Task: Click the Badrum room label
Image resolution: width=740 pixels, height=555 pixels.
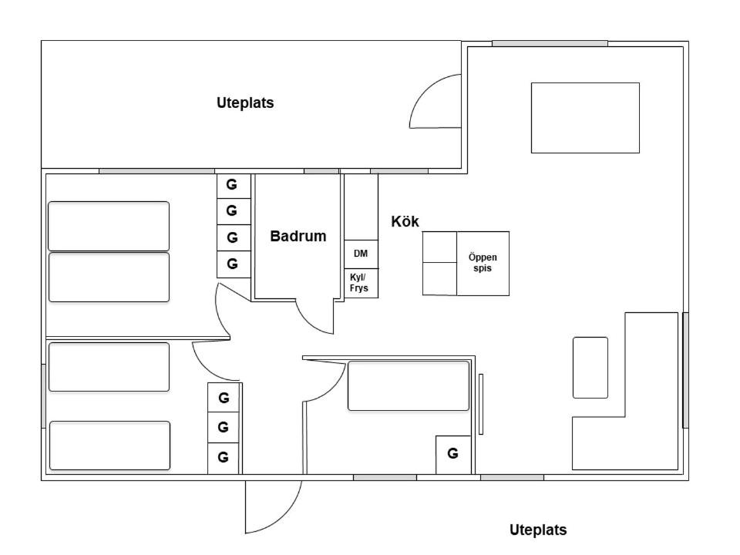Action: (x=298, y=236)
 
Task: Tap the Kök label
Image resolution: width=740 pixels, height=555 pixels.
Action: (x=405, y=221)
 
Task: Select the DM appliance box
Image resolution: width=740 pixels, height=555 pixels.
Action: (x=361, y=254)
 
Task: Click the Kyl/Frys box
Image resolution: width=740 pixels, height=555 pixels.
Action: (x=361, y=283)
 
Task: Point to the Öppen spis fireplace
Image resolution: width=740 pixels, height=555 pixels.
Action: (x=483, y=264)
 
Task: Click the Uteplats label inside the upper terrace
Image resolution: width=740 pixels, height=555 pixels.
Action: (x=245, y=103)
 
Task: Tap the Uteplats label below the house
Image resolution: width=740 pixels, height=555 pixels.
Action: (x=538, y=530)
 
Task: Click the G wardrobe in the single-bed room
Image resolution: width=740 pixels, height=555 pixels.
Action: (x=453, y=455)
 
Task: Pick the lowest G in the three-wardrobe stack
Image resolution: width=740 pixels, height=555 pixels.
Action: (x=224, y=458)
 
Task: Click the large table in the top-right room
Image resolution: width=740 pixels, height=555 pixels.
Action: (x=585, y=118)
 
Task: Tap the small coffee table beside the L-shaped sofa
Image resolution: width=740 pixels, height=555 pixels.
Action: (x=590, y=368)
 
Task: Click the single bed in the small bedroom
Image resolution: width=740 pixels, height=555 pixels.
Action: (x=409, y=386)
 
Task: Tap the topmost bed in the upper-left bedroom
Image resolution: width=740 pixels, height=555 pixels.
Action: (x=109, y=226)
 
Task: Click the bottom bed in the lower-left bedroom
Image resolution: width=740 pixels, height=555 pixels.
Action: (x=109, y=446)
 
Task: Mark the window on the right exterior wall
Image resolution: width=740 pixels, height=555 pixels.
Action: (x=685, y=371)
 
